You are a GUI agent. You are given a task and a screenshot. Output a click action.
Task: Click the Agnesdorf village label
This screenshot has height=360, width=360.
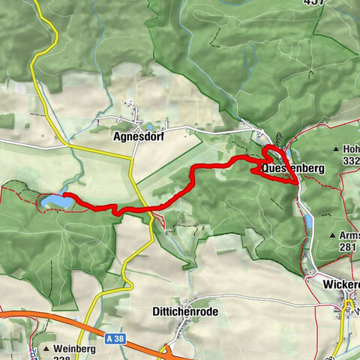137,137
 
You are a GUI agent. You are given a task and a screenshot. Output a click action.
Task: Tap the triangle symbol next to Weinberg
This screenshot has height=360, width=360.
46,349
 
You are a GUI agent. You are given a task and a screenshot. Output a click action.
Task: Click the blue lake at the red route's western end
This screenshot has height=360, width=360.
56,201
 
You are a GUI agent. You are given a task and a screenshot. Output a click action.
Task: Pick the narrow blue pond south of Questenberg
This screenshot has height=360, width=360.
306,219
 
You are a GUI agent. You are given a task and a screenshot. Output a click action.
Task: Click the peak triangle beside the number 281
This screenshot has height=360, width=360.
333,236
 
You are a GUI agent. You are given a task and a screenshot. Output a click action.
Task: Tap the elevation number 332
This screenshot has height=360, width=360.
350,161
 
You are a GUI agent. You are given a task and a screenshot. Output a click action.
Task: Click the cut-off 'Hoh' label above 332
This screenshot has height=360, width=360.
350,149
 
